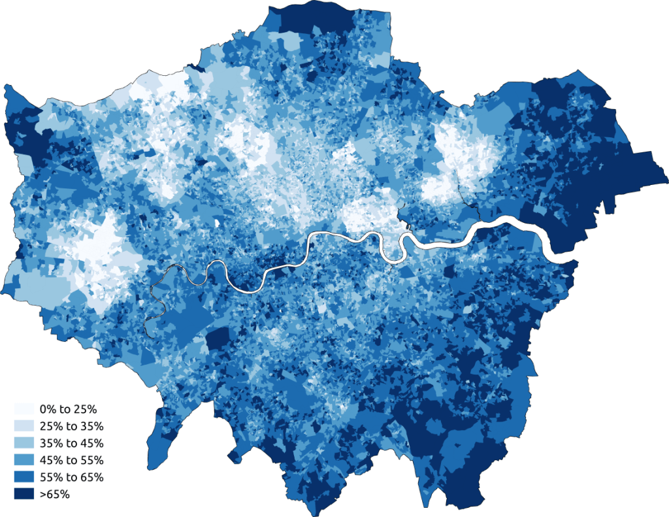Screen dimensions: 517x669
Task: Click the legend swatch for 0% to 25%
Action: click(x=24, y=410)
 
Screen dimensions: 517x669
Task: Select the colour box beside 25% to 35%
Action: click(x=24, y=427)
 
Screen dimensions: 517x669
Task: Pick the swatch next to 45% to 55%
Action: click(x=24, y=460)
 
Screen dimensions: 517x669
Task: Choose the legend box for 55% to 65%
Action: click(x=24, y=477)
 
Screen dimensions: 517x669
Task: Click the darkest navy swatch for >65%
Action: click(x=24, y=494)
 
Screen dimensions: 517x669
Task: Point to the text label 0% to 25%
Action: click(x=68, y=410)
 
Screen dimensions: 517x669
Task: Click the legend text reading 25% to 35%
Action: click(x=71, y=427)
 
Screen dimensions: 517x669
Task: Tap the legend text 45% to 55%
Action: click(x=71, y=460)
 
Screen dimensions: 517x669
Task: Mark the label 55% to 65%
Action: click(x=71, y=477)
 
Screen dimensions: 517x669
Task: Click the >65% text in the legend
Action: click(x=54, y=494)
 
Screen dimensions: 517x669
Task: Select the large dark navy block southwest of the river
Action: click(x=218, y=340)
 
